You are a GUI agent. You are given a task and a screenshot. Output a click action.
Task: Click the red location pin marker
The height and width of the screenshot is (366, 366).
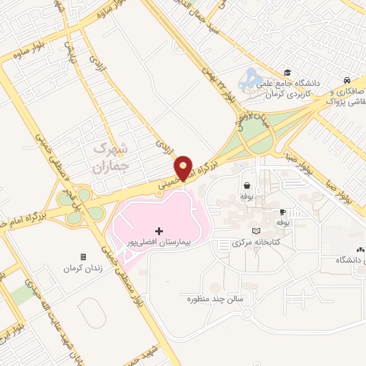click(184, 167)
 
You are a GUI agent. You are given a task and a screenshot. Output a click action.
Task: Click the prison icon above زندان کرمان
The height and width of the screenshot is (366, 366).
click(83, 257)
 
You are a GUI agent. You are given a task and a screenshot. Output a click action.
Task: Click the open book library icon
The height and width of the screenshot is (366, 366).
click(256, 231)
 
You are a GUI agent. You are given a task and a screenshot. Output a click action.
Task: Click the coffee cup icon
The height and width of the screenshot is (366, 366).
click(282, 212)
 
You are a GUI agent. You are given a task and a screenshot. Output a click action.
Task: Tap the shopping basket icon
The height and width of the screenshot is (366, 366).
click(247, 184)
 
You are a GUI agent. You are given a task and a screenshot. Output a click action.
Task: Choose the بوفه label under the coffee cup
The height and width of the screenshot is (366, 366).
click(282, 223)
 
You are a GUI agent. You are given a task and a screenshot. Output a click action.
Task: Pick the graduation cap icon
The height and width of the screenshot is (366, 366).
click(287, 72)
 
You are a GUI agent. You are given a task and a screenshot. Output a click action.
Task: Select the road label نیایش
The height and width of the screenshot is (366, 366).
click(69, 47)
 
